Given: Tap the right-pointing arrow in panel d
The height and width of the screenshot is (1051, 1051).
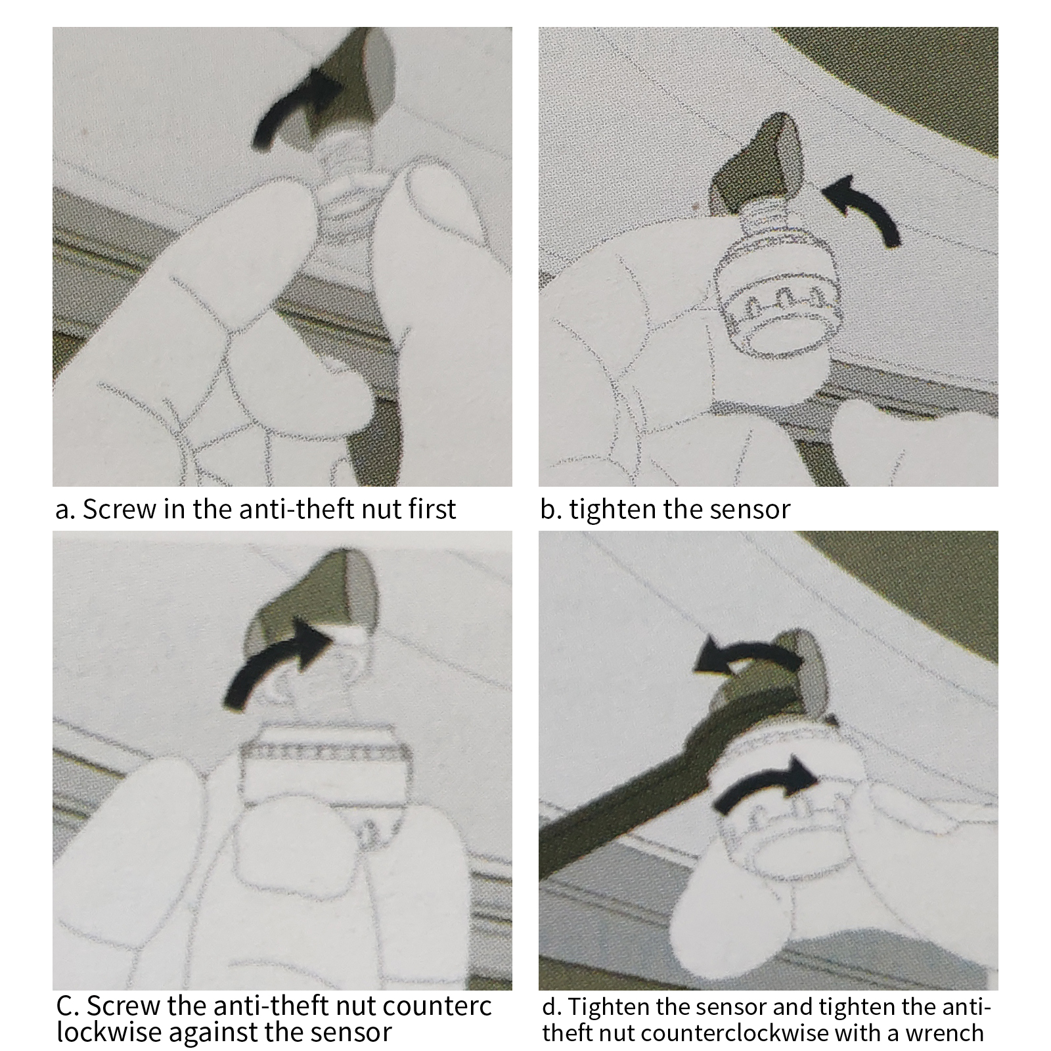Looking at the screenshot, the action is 765,785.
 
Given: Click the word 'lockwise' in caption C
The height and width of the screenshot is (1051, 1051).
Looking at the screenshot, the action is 109,1032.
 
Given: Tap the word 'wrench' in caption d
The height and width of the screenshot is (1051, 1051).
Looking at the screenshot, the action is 945,1033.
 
